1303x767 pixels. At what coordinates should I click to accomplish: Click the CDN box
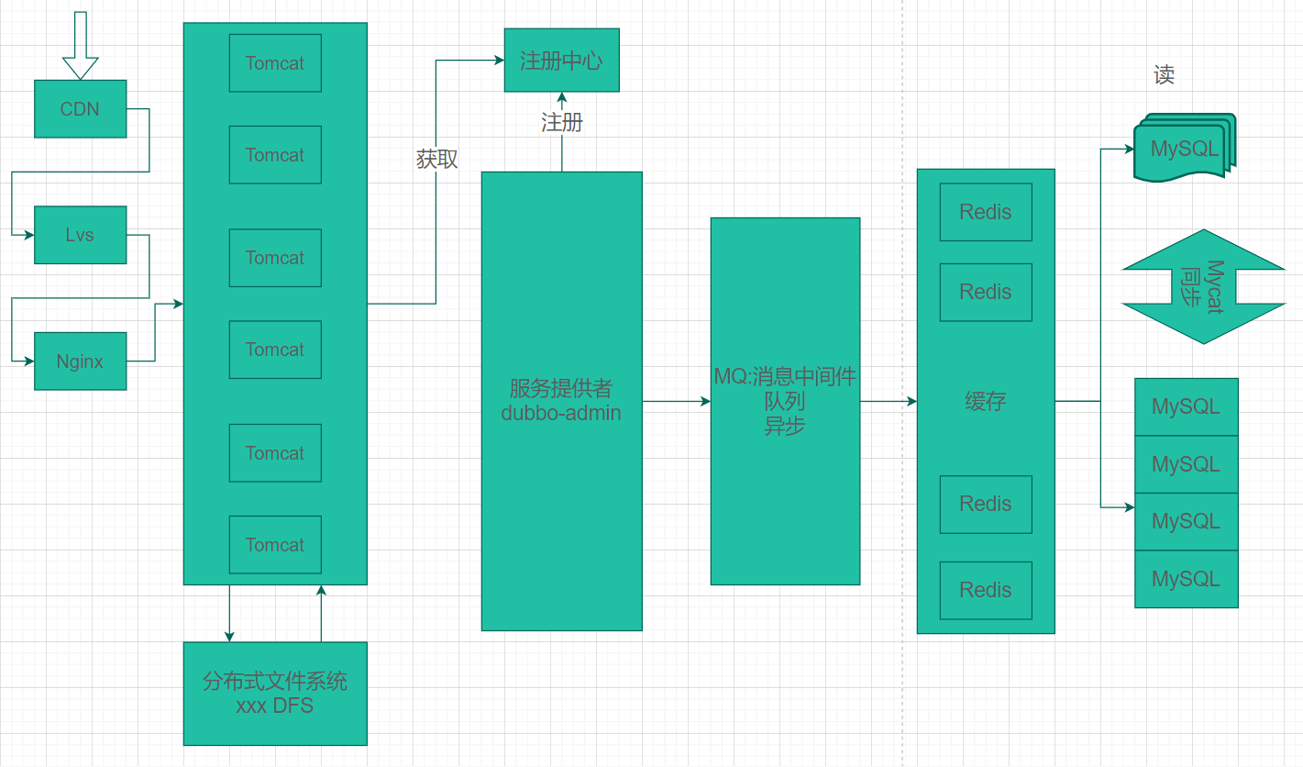point(80,109)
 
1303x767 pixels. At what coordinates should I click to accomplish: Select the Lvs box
point(80,235)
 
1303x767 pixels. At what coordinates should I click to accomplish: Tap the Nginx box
point(80,361)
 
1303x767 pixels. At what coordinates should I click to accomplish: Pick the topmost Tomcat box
point(275,63)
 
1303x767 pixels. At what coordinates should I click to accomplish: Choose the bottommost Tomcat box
point(275,545)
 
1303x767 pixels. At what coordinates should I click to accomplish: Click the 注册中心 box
point(561,61)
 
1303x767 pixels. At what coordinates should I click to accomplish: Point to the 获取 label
point(436,159)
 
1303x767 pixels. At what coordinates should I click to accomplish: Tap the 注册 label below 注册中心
point(561,122)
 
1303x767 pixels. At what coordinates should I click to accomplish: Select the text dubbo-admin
point(561,414)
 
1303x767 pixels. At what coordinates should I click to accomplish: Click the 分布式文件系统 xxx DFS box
point(275,694)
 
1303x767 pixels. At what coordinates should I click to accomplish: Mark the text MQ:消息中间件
point(785,376)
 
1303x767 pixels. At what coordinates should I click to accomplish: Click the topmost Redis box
point(986,212)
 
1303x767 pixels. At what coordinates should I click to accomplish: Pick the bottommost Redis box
point(986,590)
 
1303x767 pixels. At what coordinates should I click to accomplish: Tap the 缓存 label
point(986,401)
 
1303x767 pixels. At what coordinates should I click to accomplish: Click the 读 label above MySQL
point(1164,75)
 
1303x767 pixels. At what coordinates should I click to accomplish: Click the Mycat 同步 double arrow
point(1203,286)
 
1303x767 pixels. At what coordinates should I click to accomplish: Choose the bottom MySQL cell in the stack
point(1186,579)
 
